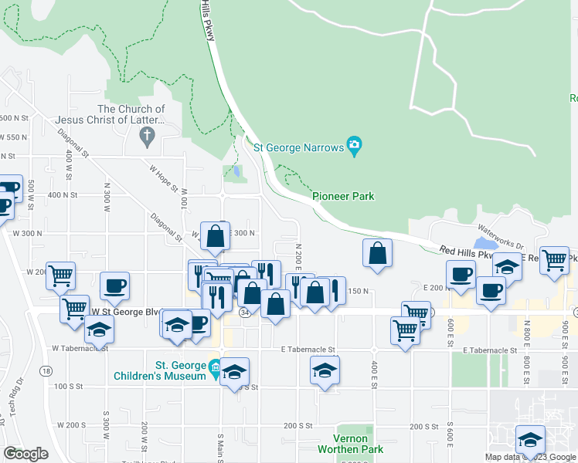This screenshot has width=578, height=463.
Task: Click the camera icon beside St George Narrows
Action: [355, 144]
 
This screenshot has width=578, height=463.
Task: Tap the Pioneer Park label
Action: [343, 197]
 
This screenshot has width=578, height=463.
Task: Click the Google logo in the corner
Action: [26, 454]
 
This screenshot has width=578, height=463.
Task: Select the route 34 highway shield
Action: [245, 313]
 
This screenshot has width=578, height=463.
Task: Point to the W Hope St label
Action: [163, 177]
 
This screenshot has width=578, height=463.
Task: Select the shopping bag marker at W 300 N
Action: [216, 237]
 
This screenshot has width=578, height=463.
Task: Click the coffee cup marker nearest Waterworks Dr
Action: [461, 275]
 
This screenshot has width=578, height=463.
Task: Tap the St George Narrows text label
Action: [297, 147]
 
